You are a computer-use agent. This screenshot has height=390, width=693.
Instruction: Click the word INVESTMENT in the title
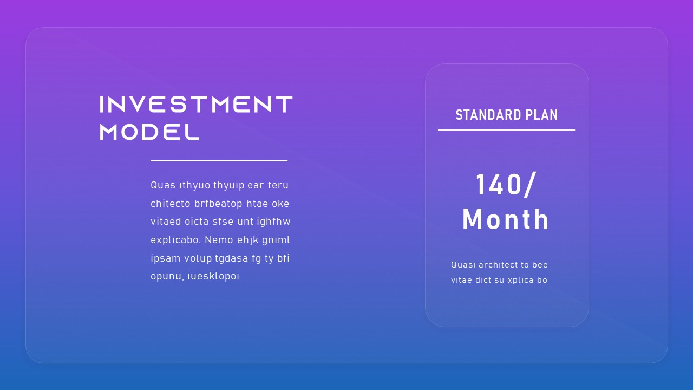point(196,105)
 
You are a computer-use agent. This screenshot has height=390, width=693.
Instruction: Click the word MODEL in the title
point(149,132)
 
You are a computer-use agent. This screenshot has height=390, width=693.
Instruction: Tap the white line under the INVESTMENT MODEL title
point(219,161)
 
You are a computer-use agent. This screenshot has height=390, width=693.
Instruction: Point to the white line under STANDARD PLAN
point(506,130)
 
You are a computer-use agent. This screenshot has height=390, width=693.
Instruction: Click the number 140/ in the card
point(506,185)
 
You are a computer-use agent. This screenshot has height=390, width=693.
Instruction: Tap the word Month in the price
point(506,219)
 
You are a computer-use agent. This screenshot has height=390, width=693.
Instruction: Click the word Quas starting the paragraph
point(163,186)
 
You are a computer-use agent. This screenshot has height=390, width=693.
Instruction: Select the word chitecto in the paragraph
point(170,204)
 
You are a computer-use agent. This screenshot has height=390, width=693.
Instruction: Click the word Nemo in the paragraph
point(219,240)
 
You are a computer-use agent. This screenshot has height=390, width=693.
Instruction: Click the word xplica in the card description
point(520,280)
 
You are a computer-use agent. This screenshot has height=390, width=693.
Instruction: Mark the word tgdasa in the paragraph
point(231,258)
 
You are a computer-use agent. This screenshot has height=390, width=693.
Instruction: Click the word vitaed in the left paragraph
point(166,222)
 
